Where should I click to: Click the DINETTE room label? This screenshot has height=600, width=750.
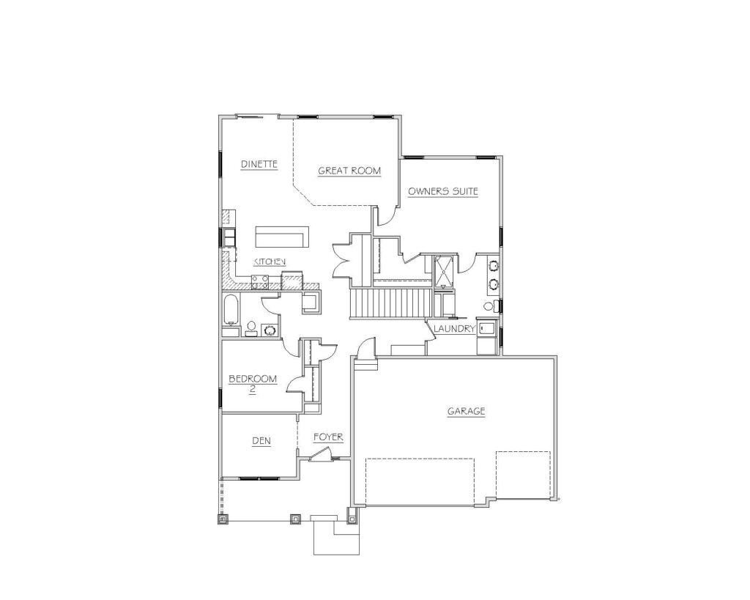pos(259,164)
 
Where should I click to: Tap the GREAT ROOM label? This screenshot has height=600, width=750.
pos(349,171)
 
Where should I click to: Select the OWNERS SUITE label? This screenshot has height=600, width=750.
pos(443,191)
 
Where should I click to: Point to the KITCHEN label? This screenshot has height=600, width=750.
pos(270,262)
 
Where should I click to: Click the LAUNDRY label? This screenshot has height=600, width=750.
pos(454,329)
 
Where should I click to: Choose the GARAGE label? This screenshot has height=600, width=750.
pos(467,411)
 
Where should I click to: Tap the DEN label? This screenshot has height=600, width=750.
pos(261,441)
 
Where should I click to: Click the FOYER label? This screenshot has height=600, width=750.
pos(328,437)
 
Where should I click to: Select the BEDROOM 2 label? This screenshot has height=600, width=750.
pos(253,384)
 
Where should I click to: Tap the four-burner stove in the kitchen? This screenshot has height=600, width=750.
pos(260,282)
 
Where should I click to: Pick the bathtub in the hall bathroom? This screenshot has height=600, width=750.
pos(231,310)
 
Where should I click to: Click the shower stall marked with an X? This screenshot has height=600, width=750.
pos(443,272)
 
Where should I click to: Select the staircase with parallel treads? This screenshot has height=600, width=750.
pos(388,303)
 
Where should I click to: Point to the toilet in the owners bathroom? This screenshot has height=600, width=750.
pos(490,306)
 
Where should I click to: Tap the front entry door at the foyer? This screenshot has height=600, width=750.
pos(319,454)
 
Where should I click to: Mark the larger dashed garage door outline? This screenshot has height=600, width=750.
pos(420,482)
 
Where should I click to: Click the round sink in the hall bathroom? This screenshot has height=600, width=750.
pos(270,330)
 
